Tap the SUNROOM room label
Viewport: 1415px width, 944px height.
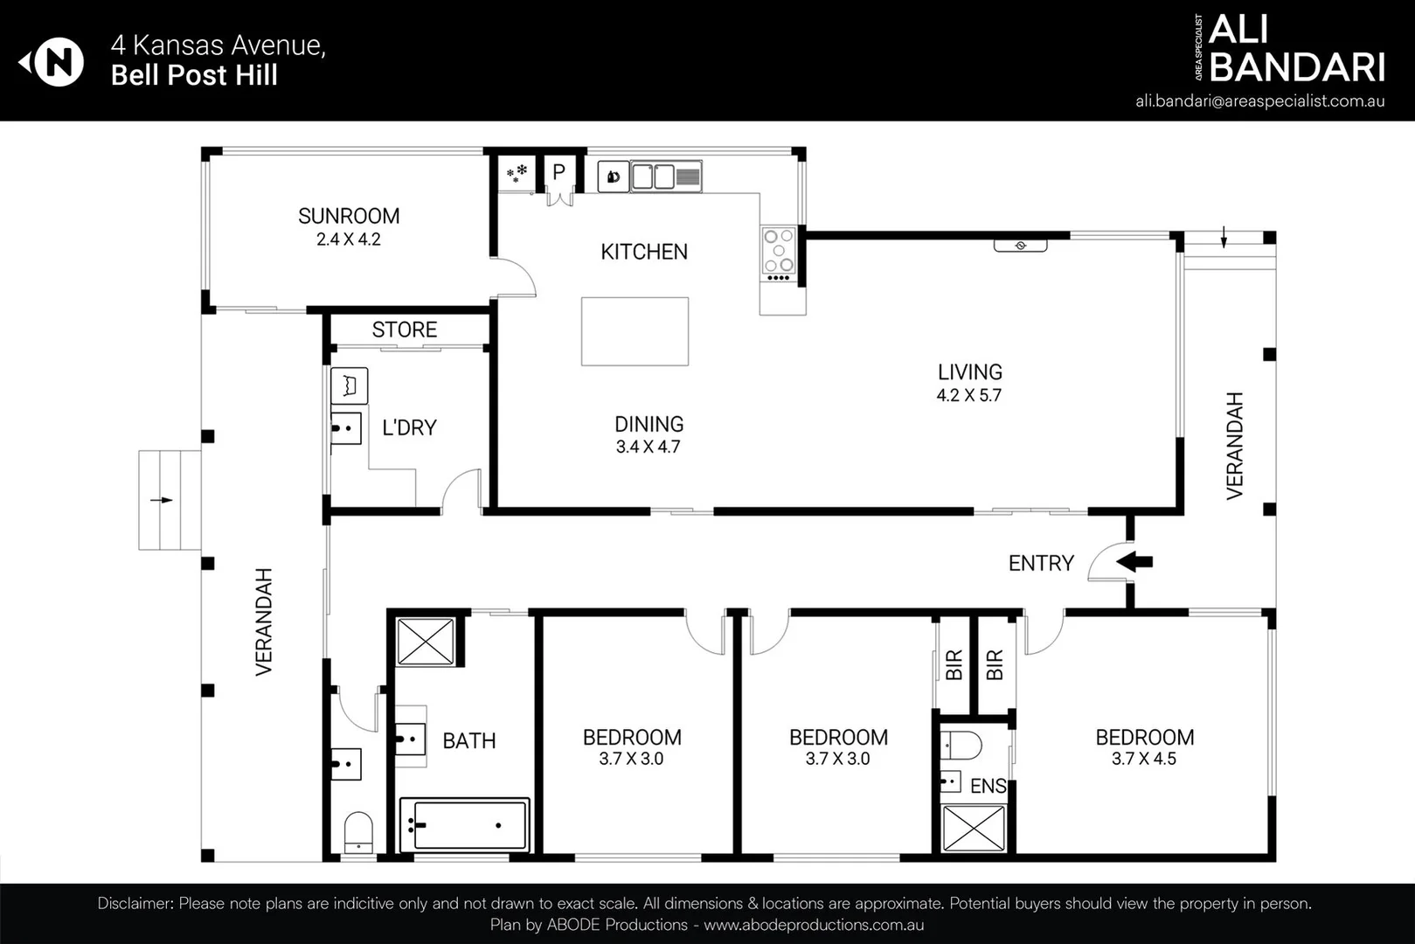click(349, 216)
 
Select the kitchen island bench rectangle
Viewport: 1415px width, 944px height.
click(635, 331)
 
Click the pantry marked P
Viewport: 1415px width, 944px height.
click(559, 172)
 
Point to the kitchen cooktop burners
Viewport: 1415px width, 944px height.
click(779, 251)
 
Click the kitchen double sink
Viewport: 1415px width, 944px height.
click(653, 177)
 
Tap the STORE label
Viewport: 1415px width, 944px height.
click(404, 330)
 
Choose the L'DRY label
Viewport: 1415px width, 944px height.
click(409, 427)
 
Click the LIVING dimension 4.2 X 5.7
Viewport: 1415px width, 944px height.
click(968, 395)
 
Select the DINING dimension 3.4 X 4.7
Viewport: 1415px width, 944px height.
click(648, 447)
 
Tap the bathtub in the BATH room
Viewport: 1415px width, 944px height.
click(464, 824)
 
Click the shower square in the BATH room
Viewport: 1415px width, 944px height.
click(425, 642)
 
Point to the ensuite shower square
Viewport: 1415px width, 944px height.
click(974, 828)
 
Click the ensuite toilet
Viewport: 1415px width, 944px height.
click(961, 745)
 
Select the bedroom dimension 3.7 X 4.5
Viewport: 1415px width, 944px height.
click(1144, 759)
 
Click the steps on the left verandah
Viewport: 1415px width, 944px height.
click(170, 500)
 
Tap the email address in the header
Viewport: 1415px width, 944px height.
click(1259, 101)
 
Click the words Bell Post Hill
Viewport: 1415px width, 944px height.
click(194, 75)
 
